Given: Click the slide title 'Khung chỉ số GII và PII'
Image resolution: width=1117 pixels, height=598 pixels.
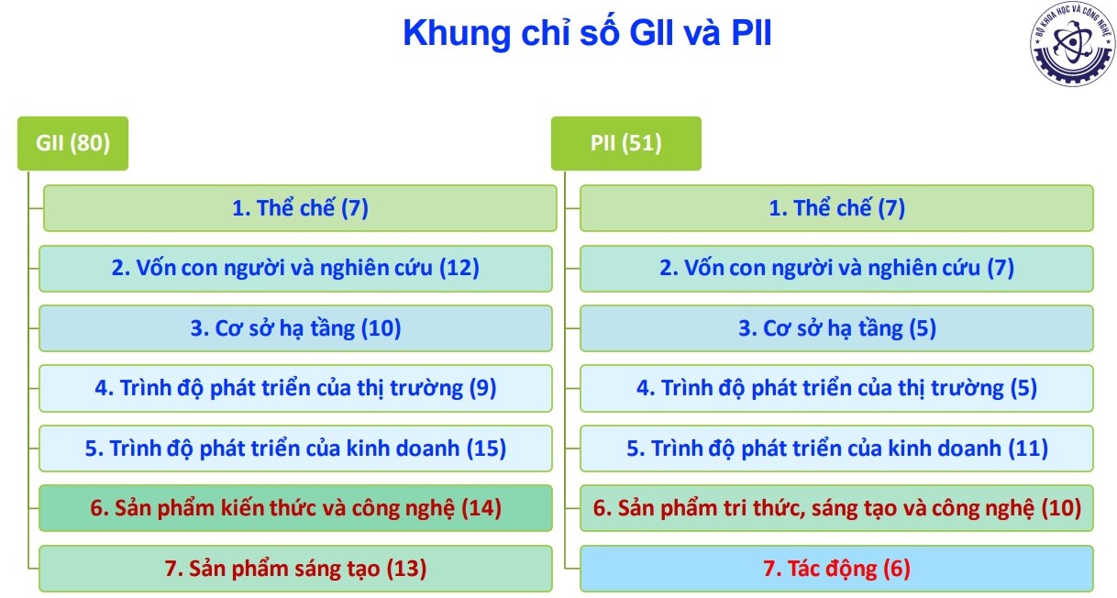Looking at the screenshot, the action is [x=587, y=33].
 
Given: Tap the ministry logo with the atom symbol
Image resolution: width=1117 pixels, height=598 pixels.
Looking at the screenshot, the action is [x=1072, y=43].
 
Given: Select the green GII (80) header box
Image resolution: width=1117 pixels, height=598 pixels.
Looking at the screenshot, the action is [x=72, y=143].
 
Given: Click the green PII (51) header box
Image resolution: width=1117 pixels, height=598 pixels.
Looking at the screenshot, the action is [x=625, y=143].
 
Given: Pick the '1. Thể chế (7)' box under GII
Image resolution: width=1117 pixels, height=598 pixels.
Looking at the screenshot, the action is [x=300, y=208].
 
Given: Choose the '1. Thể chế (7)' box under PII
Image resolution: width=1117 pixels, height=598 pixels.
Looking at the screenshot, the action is [x=836, y=208].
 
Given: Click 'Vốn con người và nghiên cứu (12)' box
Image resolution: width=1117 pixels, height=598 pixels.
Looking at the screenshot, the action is [x=295, y=269].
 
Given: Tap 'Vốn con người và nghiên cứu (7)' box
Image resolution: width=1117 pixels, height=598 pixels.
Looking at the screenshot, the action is [x=836, y=269].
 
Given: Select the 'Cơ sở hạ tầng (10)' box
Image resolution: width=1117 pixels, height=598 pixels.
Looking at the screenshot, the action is [x=295, y=328].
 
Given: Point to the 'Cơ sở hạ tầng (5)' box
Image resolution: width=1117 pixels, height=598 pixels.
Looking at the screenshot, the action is [x=836, y=328].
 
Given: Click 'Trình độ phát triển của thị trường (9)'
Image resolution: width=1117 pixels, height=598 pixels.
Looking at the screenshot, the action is [x=295, y=389].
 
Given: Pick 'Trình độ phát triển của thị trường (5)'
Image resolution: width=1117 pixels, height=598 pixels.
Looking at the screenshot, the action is [x=836, y=389].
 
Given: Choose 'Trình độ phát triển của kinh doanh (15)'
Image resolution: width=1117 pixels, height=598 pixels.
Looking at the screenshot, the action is [x=295, y=448].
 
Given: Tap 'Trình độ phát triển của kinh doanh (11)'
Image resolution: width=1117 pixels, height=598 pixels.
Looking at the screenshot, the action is [x=836, y=448].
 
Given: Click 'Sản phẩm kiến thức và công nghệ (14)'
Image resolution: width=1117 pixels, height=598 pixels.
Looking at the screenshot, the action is [x=295, y=508].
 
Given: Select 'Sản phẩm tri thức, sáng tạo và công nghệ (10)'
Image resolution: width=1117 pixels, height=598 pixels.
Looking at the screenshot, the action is [x=836, y=508].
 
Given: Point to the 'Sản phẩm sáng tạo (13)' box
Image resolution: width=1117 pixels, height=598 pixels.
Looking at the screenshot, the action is [x=295, y=569].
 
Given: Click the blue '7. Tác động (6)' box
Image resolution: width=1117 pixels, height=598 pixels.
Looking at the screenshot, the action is [x=836, y=569].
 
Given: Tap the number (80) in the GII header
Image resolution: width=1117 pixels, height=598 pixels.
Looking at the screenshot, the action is [x=90, y=143].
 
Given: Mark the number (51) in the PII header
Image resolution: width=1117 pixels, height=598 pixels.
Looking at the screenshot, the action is [x=642, y=143].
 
